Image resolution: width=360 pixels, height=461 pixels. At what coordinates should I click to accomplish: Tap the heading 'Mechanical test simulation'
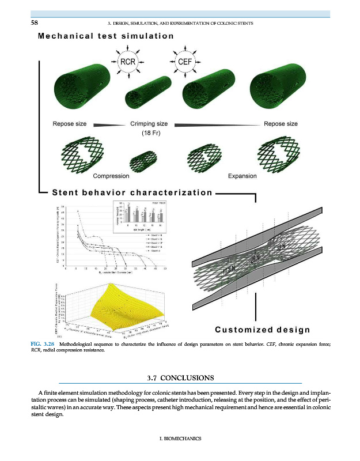pos(105,36)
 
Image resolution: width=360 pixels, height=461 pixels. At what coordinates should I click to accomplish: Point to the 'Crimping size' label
pos(149,123)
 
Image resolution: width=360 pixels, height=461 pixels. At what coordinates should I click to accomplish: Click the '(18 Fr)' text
pos(149,134)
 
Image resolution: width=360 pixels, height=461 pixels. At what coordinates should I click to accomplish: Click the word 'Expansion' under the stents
pos(242,175)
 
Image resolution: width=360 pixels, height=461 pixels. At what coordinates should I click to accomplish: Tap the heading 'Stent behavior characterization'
pos(132,192)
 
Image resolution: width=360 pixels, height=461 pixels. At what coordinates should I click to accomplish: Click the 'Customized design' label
pos(262,330)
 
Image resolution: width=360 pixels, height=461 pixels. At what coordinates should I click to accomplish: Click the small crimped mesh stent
pos(143,157)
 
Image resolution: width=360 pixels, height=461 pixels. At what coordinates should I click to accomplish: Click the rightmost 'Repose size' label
pos(281,123)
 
